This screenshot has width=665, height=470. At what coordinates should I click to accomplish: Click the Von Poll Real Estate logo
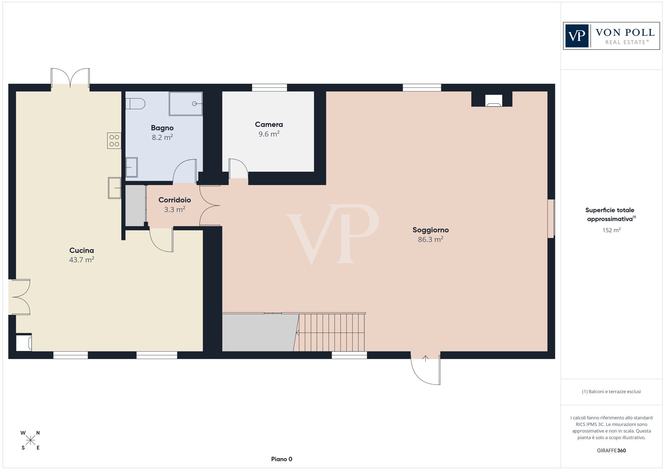click(611, 36)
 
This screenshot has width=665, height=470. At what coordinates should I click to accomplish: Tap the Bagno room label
click(162, 128)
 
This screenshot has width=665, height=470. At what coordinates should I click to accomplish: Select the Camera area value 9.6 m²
click(269, 134)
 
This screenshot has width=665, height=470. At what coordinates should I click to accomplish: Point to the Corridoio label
click(175, 200)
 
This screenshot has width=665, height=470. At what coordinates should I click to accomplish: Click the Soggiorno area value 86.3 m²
click(431, 239)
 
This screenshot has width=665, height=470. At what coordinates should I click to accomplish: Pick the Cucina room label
click(81, 250)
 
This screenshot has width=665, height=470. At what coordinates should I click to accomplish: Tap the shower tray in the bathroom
click(186, 104)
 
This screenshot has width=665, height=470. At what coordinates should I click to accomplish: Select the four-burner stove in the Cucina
click(114, 140)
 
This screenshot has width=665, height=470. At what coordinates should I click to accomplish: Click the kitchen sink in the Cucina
click(114, 188)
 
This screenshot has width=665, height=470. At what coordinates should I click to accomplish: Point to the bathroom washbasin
click(131, 167)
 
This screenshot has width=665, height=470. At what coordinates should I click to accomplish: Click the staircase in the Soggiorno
click(331, 332)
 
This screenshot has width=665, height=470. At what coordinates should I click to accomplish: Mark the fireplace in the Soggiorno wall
click(493, 100)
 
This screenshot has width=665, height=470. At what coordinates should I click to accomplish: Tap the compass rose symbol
click(31, 440)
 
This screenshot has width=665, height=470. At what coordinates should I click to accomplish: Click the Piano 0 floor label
click(282, 459)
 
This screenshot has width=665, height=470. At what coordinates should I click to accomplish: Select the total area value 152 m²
click(611, 230)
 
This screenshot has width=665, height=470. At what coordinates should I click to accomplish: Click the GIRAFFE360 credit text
click(611, 451)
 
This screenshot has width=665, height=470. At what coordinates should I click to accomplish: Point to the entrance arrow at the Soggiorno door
click(425, 358)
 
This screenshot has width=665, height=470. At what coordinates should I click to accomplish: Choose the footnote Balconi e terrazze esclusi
click(611, 392)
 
